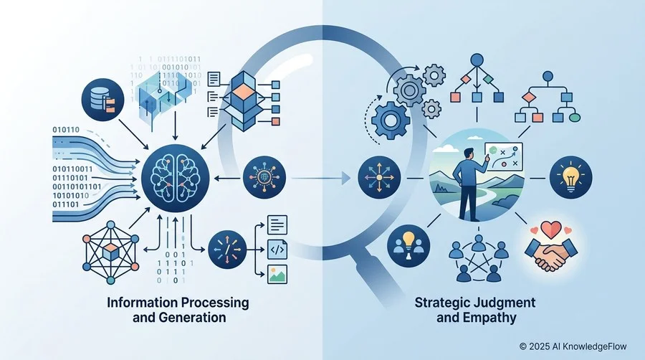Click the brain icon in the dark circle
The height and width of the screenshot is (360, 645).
[176, 178]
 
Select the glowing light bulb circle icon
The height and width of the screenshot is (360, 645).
[571, 177]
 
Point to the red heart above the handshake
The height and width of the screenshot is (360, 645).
[551, 229]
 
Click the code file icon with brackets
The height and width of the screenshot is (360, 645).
[277, 250]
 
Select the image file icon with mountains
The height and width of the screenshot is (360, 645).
[277, 275]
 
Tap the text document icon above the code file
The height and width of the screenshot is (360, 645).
[277, 224]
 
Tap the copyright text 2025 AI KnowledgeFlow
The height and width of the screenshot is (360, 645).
[573, 346]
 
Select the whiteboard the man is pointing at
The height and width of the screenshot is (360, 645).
[504, 156]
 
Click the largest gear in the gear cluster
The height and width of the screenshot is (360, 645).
[391, 120]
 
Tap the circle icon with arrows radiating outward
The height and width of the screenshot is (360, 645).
[379, 178]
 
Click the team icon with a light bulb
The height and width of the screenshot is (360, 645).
[408, 246]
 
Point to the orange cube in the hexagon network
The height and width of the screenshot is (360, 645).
[110, 252]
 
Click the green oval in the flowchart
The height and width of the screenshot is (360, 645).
[574, 118]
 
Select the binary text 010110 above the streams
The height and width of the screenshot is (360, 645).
[66, 130]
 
